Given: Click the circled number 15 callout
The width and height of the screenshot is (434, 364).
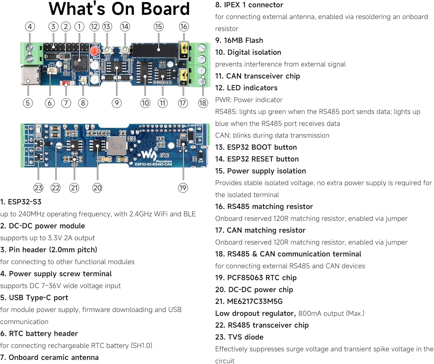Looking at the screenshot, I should tap(158, 27).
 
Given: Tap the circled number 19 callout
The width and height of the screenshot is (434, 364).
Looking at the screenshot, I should tap(183, 188).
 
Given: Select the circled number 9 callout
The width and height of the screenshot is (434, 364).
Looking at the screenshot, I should tap(117, 103).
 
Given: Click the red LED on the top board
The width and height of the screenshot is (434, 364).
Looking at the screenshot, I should tap(94, 51).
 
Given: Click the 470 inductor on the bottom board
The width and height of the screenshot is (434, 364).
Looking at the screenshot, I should tap(117, 146).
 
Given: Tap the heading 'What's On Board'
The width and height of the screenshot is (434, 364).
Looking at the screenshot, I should tap(119, 9).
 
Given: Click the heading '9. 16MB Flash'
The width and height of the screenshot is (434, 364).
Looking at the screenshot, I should tap(239, 41).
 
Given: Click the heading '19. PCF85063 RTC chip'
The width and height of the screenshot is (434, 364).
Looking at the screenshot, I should tap(256, 278).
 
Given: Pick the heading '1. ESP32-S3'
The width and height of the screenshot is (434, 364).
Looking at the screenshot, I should tap(21, 202).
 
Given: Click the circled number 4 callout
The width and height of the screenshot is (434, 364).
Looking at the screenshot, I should tap(30, 27).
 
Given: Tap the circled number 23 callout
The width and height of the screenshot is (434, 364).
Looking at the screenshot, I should tap(38, 188).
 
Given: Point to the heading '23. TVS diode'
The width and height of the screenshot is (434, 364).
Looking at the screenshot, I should tap(239, 337).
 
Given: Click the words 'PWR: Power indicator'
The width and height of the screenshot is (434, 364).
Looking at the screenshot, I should tap(249, 100).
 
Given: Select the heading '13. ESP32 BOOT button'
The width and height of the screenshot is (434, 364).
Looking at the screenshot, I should tap(256, 147).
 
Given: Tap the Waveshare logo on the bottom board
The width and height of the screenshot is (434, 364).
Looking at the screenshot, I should tap(149, 155).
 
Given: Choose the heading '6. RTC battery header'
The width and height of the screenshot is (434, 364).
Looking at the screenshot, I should tap(39, 334).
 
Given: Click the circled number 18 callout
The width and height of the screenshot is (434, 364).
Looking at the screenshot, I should tap(203, 103).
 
